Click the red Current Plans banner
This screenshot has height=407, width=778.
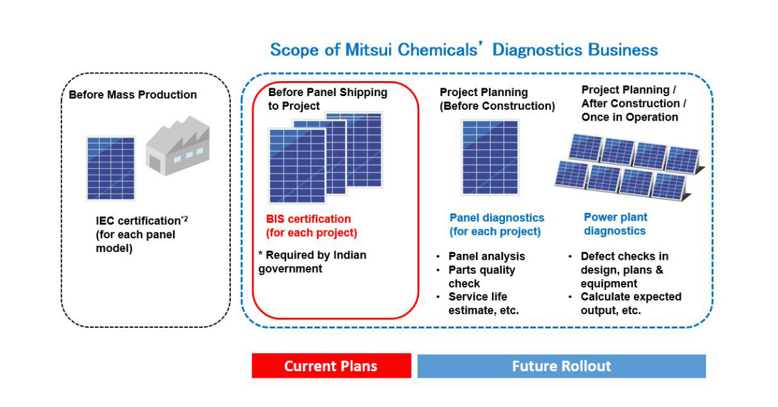(331, 365)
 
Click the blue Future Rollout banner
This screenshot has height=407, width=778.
(561, 365)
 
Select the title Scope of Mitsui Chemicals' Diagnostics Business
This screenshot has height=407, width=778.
(464, 50)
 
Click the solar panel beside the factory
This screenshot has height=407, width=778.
(110, 167)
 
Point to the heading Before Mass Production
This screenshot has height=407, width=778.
(133, 95)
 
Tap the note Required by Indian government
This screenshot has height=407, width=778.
(312, 262)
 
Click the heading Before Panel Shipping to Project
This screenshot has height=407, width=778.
(327, 99)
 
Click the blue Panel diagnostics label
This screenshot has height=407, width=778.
(497, 225)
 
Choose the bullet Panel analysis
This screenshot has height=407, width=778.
(486, 256)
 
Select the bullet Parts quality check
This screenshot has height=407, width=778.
(482, 277)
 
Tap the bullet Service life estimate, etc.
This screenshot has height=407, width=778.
(484, 304)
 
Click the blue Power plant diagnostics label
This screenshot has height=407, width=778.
(615, 224)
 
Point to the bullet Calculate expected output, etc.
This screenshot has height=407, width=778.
(630, 304)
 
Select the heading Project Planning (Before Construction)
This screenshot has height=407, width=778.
(497, 99)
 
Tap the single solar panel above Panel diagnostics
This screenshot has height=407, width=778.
(489, 158)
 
